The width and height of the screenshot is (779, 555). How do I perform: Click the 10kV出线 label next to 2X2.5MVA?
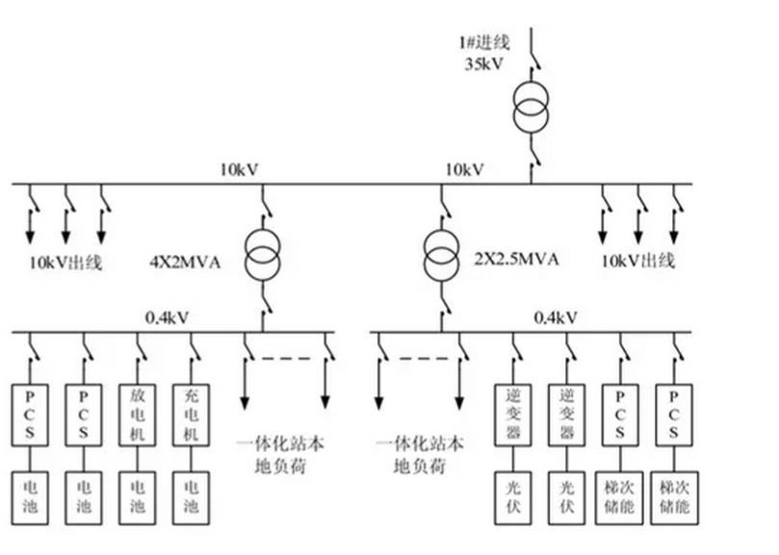[638, 261]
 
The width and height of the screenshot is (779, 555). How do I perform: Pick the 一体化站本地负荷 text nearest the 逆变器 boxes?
[422, 455]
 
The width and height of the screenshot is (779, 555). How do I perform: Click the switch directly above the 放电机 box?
[138, 347]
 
